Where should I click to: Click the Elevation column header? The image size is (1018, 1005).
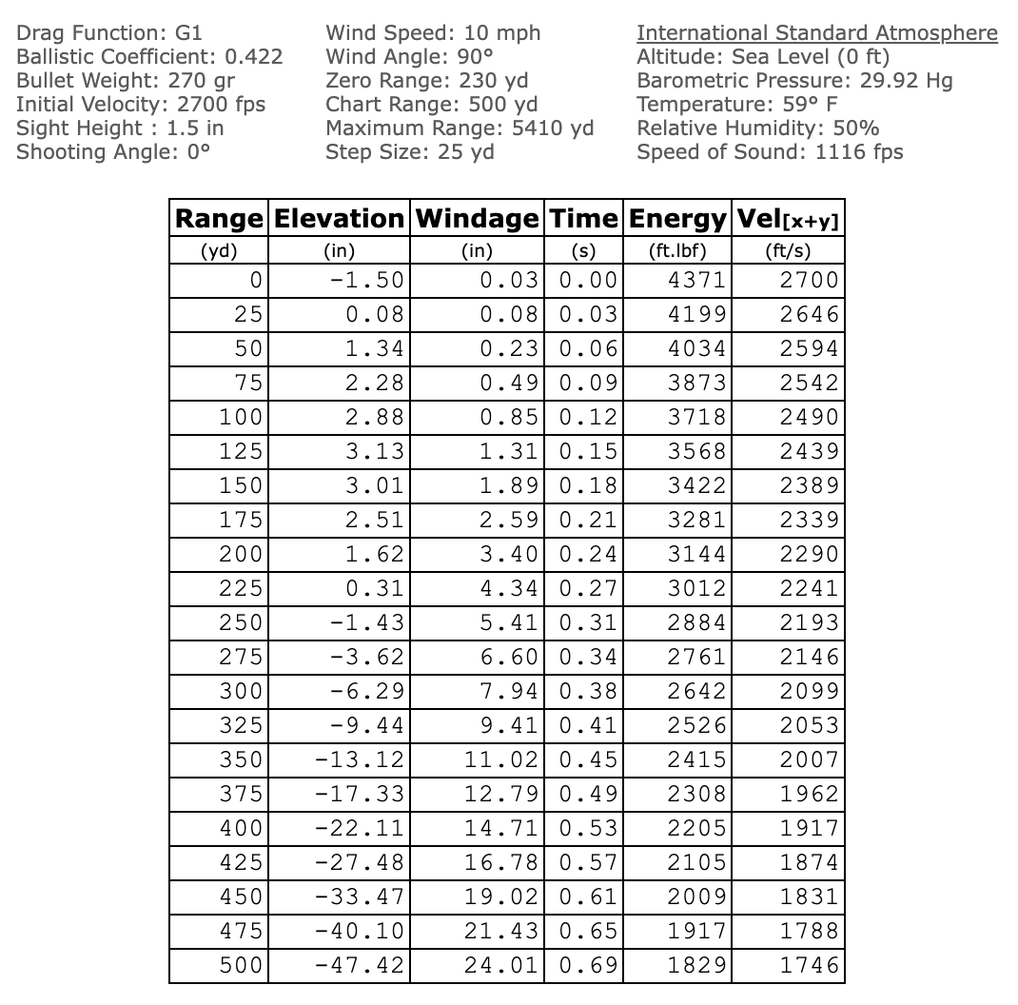[x=339, y=219]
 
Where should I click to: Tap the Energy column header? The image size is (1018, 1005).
[x=677, y=219]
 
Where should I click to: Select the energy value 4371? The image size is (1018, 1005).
[x=696, y=280]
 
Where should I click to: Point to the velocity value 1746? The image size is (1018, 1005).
[x=809, y=965]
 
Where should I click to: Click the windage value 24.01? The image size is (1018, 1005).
[x=502, y=965]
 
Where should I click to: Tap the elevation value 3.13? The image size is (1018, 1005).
[x=375, y=451]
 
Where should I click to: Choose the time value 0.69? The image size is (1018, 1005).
[x=588, y=965]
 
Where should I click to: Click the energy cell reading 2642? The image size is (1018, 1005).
[x=696, y=691]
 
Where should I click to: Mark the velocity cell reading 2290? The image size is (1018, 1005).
[x=809, y=554]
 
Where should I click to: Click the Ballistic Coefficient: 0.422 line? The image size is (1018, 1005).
[x=149, y=57]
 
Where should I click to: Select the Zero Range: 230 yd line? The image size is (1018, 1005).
[x=426, y=81]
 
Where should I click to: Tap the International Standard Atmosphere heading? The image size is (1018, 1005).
[x=816, y=33]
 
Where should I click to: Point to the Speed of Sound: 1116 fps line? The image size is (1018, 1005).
[x=770, y=152]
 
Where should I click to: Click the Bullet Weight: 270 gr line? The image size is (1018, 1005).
[x=126, y=81]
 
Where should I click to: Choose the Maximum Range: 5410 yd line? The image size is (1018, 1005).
[x=460, y=128]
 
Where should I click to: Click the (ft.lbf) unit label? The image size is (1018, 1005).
[x=677, y=252]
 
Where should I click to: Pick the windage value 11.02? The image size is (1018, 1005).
[x=502, y=759]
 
